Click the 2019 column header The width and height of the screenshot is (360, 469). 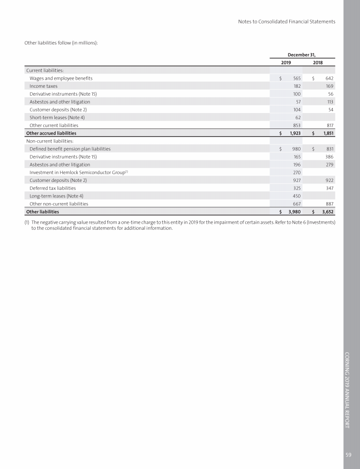pos(286,62)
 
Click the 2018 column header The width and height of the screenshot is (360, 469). pos(317,62)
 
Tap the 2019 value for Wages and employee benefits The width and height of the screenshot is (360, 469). pos(297,78)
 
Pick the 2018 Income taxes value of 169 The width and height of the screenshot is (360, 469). pos(329,86)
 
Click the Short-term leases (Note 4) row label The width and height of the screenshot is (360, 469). pos(57,118)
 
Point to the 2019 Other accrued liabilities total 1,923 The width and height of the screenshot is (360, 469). pos(294,133)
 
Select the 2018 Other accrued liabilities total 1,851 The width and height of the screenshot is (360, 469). pos(327,133)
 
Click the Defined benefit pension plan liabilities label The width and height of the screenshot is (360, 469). pos(70,149)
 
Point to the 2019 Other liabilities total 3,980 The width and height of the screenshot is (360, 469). pos(294,212)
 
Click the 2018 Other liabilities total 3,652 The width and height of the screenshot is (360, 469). pos(327,212)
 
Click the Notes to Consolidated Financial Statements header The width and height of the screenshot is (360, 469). pos(286,22)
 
